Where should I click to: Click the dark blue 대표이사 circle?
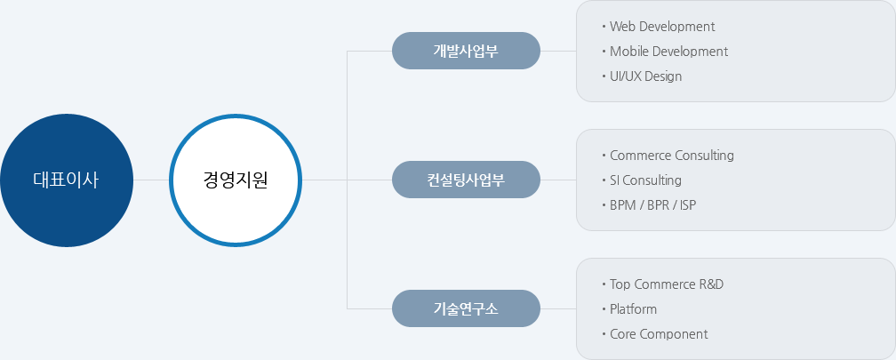tap(67, 180)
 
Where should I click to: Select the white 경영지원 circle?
tap(236, 180)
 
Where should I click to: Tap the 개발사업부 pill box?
tap(466, 51)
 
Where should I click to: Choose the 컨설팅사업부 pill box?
tap(466, 180)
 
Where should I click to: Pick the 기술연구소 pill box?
tap(466, 308)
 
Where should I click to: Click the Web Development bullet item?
tap(662, 27)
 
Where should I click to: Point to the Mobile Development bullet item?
tap(668, 52)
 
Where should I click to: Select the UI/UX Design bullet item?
tap(645, 76)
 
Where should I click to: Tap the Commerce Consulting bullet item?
tap(672, 156)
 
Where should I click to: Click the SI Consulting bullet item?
tap(645, 180)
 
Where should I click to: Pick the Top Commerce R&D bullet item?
tap(667, 284)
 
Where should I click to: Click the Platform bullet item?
tap(633, 309)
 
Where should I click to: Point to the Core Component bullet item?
tap(659, 334)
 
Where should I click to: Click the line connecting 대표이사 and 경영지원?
tap(151, 180)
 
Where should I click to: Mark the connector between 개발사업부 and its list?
tap(558, 51)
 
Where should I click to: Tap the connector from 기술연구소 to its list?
tap(558, 308)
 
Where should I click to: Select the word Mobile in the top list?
tap(628, 52)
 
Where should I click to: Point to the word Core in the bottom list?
tap(622, 334)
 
